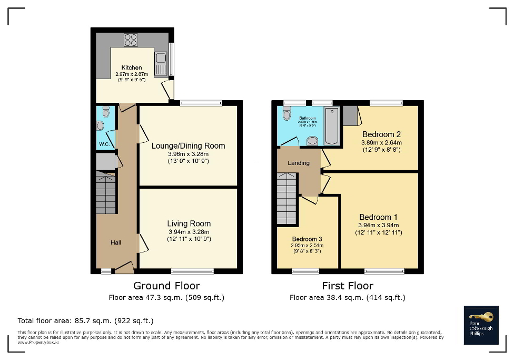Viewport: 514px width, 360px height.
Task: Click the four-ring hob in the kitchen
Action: coord(130,40)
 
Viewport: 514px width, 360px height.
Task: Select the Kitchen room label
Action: coord(132,67)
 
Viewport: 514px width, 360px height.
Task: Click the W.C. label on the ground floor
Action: coord(104,144)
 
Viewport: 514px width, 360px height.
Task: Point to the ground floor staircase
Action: coord(106,192)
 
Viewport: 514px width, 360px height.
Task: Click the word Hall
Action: coord(116,242)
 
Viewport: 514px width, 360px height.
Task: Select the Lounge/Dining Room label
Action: coord(189,146)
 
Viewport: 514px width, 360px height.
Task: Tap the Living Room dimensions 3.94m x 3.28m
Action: coord(189,232)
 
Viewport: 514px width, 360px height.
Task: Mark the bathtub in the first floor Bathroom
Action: coord(332,127)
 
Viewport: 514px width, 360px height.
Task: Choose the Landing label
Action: coord(299,163)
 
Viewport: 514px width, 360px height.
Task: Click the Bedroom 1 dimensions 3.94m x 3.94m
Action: coord(379,225)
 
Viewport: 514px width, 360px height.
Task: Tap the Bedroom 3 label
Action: coord(307,239)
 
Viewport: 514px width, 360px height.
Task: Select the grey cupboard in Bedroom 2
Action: coord(350,115)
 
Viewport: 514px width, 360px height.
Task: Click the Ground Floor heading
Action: coord(166,286)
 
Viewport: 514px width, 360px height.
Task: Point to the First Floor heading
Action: coord(348,286)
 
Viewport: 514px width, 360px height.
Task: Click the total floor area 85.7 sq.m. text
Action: coord(86,320)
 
